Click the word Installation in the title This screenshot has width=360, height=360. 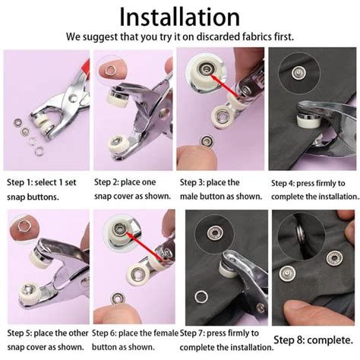coord(180,16)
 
